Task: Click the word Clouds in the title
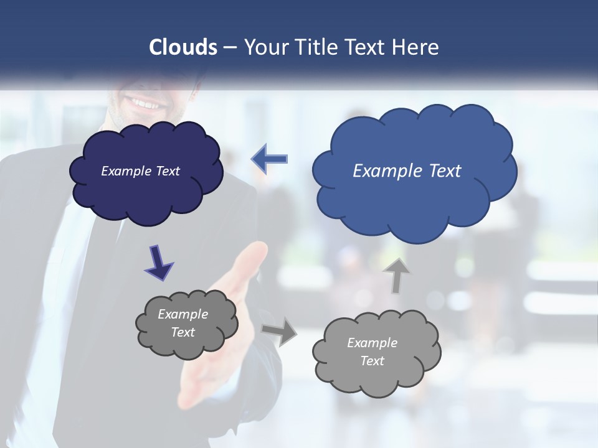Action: [183, 47]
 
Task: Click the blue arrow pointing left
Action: [269, 159]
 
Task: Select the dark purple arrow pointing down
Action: [158, 261]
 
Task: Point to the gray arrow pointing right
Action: [280, 331]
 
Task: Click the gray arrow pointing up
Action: [397, 275]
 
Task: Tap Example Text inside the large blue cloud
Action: [407, 171]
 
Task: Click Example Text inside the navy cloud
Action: [140, 171]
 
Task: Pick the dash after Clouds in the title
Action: [230, 48]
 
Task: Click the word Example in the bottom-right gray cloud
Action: [372, 343]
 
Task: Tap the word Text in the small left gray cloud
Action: [183, 332]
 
